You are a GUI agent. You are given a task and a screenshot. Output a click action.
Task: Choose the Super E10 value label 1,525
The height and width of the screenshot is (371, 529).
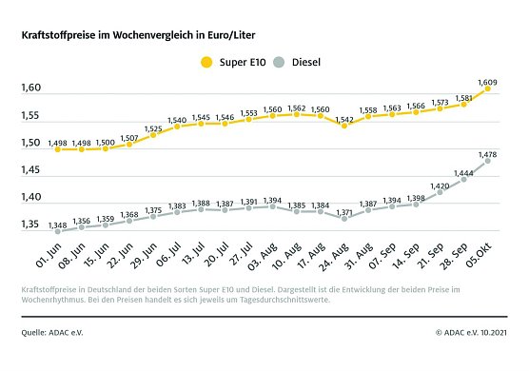coord(153,127)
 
